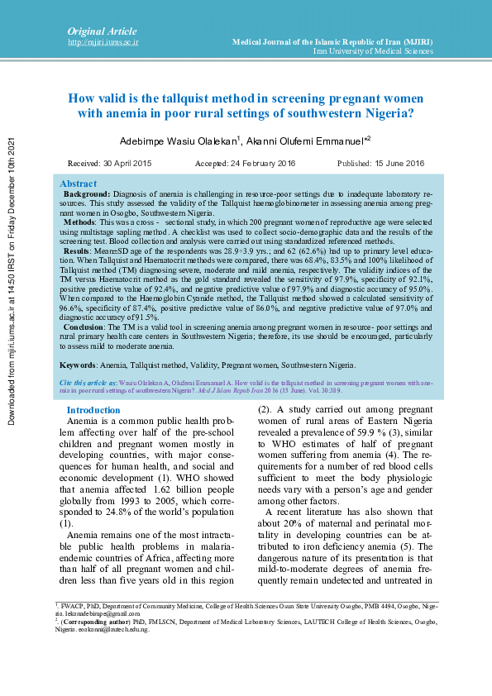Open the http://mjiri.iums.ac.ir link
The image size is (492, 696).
pos(103,41)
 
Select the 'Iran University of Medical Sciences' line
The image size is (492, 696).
pos(373,51)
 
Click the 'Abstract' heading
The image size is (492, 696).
pos(79,184)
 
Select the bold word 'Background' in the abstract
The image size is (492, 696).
pos(87,193)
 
